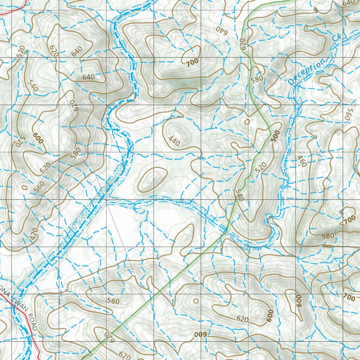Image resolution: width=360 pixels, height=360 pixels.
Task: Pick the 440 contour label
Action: coord(174,142)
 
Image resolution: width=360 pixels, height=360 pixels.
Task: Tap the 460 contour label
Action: coord(302,161)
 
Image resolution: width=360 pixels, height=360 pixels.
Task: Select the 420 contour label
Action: coord(33,234)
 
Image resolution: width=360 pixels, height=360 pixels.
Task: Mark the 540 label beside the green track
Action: coord(239,195)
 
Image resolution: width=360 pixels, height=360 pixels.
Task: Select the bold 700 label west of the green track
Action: coord(192,62)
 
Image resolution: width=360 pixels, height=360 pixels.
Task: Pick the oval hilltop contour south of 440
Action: coord(152,180)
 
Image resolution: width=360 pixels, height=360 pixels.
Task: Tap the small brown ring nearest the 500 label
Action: coord(247,122)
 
